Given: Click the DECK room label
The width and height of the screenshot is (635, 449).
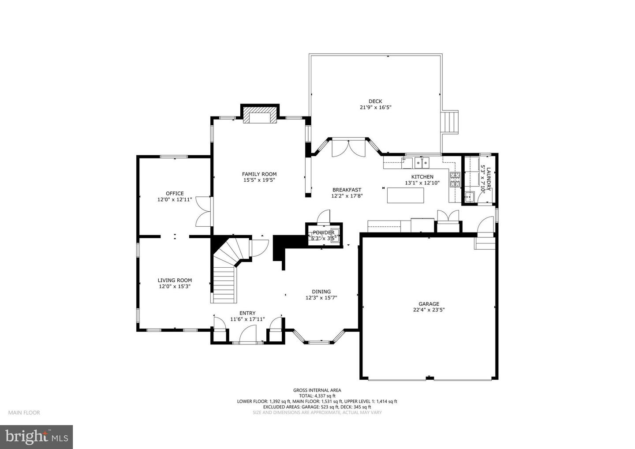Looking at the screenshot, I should (x=375, y=101).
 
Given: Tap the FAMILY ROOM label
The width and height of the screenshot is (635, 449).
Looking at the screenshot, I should (x=259, y=174).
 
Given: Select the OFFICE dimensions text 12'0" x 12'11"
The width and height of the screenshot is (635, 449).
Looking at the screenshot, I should (x=175, y=199).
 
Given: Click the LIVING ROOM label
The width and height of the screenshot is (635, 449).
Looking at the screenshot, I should (x=175, y=280).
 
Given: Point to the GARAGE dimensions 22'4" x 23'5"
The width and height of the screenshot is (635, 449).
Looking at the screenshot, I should (x=429, y=310).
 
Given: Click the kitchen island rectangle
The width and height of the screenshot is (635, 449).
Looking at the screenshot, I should (x=406, y=195).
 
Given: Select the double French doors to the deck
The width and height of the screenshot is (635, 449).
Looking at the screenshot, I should (x=348, y=148).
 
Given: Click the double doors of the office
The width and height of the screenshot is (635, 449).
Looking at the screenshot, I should (x=204, y=211).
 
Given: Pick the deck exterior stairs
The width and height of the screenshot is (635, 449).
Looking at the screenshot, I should (x=451, y=121).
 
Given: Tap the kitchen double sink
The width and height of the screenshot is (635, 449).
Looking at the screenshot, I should (x=421, y=162).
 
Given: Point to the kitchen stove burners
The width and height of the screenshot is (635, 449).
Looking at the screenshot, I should (x=455, y=179).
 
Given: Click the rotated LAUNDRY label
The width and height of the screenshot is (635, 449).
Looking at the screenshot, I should (x=485, y=180).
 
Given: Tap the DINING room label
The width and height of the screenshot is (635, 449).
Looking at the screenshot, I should (x=321, y=292).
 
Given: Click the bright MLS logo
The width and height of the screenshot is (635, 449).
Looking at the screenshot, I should (x=36, y=437).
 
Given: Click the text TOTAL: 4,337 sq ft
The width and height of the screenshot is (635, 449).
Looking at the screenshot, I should (x=317, y=396).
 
